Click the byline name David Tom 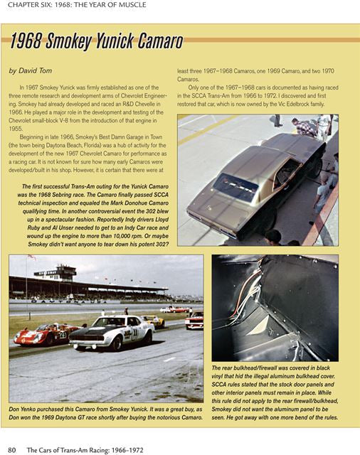[x=36, y=71]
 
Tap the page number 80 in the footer [x=12, y=449]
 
